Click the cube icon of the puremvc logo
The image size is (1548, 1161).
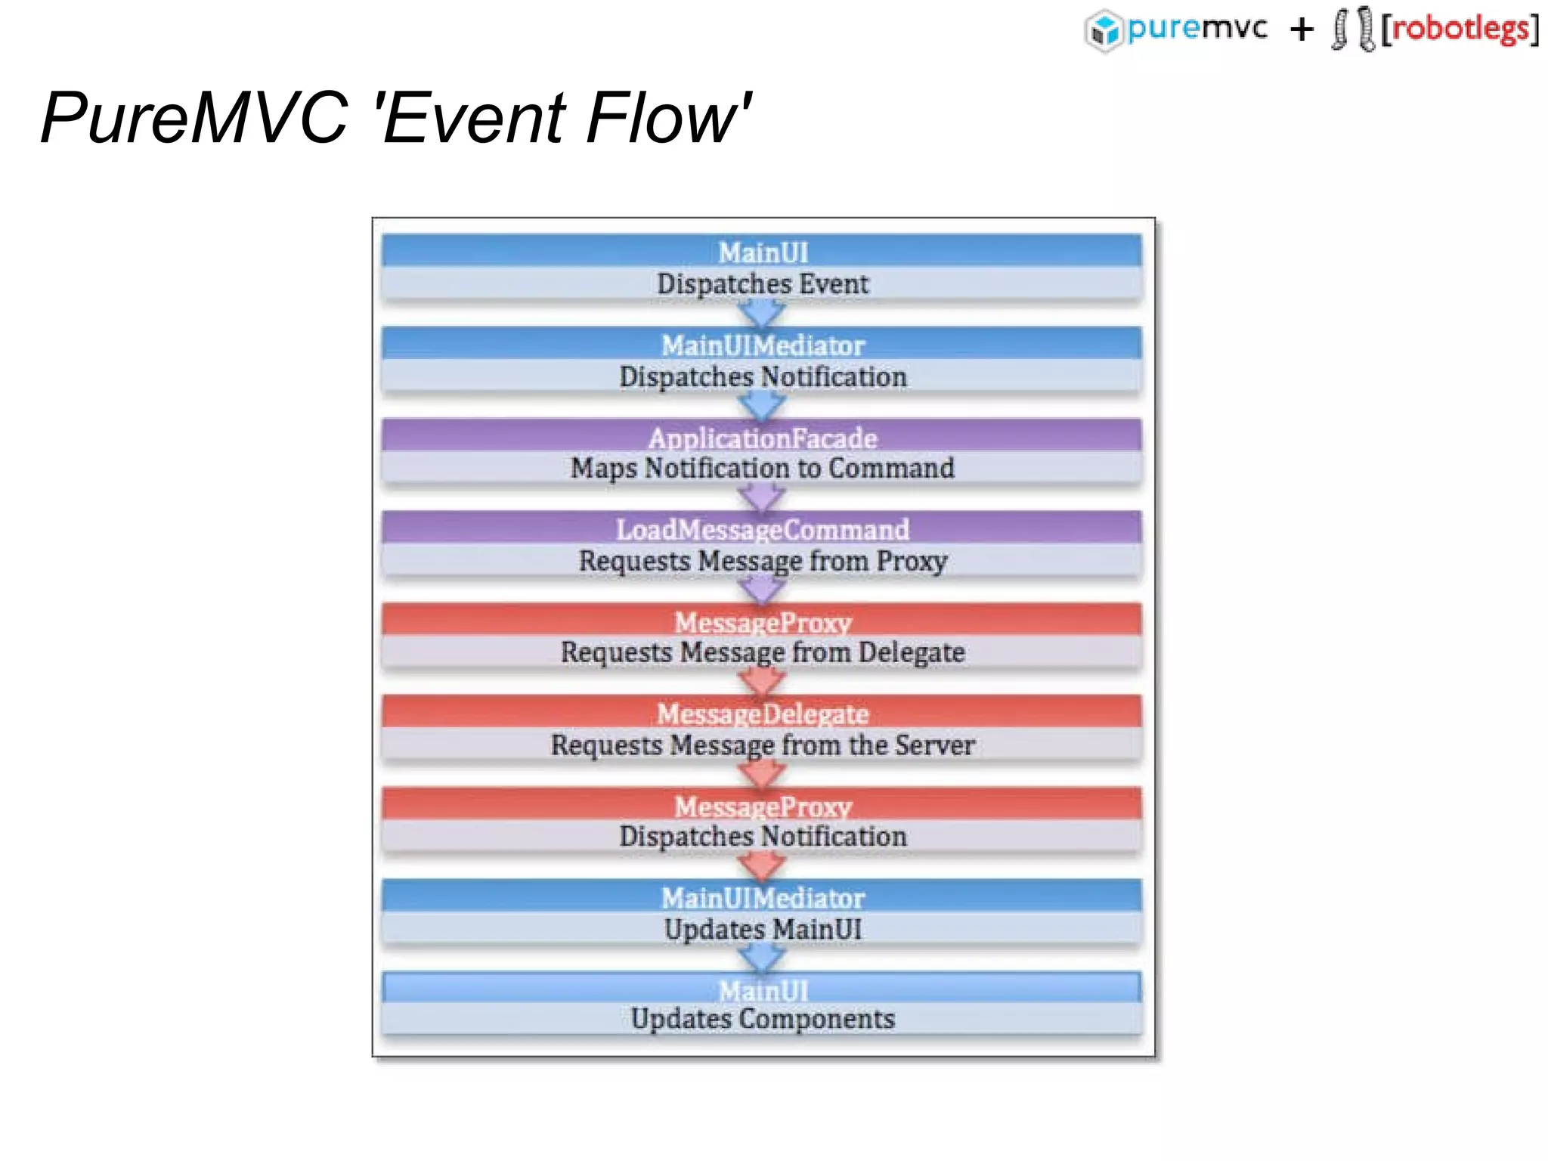click(1104, 31)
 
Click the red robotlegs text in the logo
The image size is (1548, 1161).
click(1460, 29)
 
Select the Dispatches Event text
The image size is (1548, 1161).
click(763, 284)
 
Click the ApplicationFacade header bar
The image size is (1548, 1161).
click(763, 438)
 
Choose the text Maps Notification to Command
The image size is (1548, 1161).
click(763, 469)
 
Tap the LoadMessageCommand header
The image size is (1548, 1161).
click(763, 529)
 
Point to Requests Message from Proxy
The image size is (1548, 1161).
click(763, 561)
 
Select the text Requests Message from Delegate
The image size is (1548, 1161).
click(763, 652)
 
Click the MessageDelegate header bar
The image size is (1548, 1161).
click(763, 713)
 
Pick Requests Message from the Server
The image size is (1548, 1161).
click(763, 745)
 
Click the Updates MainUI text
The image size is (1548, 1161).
click(763, 929)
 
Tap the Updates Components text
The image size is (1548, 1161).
click(763, 1019)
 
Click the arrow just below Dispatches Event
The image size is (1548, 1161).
click(762, 312)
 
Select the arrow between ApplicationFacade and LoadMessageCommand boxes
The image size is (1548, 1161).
click(762, 497)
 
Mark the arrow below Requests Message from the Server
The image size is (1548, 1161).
click(762, 773)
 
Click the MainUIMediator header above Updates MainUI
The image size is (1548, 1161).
click(763, 897)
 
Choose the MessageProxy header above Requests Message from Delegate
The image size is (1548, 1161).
click(763, 621)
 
